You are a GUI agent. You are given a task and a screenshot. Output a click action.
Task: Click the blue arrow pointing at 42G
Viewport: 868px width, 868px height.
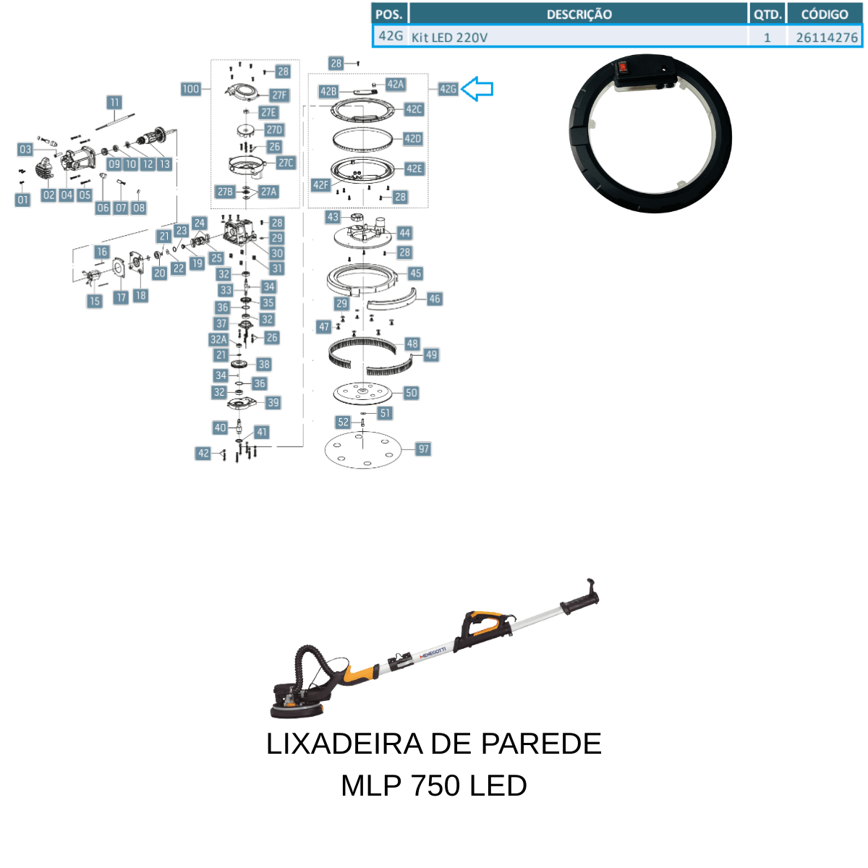tap(477, 89)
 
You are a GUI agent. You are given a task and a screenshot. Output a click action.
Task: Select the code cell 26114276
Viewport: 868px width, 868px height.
tap(825, 37)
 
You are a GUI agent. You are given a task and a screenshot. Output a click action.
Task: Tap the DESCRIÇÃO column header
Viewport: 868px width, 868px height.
tap(579, 14)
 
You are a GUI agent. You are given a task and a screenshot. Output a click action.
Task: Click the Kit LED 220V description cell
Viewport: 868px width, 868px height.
tap(579, 37)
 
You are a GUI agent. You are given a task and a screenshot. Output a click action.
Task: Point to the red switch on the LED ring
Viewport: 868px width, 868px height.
tap(623, 67)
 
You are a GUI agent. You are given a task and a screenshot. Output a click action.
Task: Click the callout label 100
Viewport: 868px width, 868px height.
tap(190, 89)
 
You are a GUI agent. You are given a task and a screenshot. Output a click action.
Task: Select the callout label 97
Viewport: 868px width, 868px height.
tap(423, 448)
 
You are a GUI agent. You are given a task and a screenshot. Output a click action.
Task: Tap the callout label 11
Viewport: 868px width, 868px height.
tap(114, 102)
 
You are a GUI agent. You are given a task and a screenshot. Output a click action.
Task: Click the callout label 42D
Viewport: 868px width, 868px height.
tap(412, 138)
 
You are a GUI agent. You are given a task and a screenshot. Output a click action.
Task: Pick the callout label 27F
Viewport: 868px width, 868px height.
tap(279, 95)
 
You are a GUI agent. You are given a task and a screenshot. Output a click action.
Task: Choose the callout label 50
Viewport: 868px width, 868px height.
tap(412, 393)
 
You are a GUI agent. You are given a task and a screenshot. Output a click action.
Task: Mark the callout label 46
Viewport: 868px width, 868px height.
tap(434, 299)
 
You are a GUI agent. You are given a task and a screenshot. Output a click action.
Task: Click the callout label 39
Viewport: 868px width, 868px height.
tap(273, 402)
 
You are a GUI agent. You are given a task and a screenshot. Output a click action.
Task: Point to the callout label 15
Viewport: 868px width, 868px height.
tap(94, 301)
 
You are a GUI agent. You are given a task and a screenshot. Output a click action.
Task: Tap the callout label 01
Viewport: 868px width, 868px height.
tap(22, 200)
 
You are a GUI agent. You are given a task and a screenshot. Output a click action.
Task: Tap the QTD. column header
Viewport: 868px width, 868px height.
tap(767, 14)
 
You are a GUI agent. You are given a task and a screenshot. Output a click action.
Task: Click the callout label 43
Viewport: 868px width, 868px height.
tap(333, 217)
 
